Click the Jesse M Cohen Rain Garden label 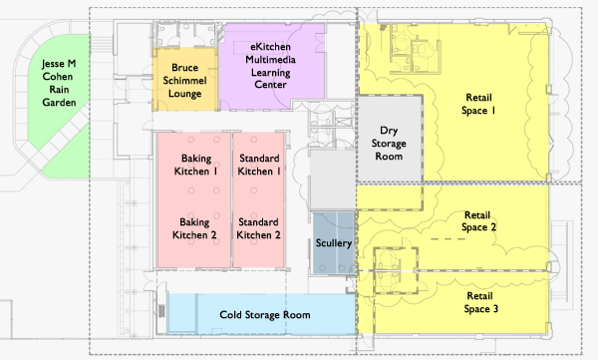point(59,83)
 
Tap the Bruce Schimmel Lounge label point(185,81)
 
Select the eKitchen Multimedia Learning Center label point(270,66)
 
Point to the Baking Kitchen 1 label point(196,165)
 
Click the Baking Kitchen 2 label point(194,228)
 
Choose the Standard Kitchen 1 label point(259,165)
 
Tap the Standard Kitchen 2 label point(258,228)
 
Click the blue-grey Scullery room point(334,243)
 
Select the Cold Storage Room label point(265,315)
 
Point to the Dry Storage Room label point(389,144)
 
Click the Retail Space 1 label point(478,104)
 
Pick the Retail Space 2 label point(478,221)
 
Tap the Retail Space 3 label point(480,302)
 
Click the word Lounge point(185,94)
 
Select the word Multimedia point(270,60)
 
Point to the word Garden point(59,103)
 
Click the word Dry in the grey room point(389,131)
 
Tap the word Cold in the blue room point(230,315)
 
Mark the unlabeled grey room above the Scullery point(332,180)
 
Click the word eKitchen point(270,47)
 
